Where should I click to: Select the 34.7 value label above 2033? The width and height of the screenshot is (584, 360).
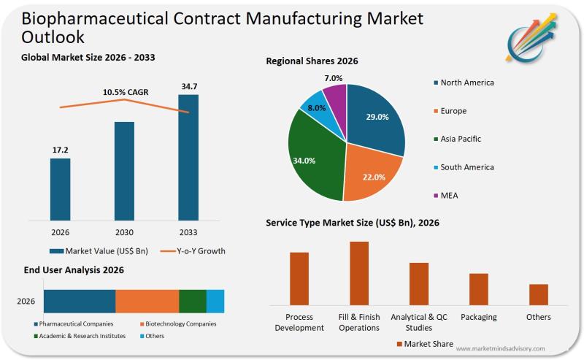tap(188, 87)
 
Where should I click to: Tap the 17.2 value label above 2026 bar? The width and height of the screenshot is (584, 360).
tap(60, 150)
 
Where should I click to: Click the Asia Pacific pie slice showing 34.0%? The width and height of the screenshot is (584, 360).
tap(312, 157)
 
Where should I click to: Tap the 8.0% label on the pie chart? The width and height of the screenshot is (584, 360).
tap(316, 107)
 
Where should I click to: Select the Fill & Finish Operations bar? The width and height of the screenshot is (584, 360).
tap(358, 272)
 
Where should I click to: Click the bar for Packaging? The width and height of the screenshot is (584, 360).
tap(478, 288)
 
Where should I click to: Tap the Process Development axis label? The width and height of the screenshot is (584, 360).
tap(299, 322)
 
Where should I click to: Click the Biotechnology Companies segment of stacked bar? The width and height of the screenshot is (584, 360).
tap(147, 301)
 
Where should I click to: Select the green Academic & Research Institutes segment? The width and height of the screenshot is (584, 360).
tap(193, 301)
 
